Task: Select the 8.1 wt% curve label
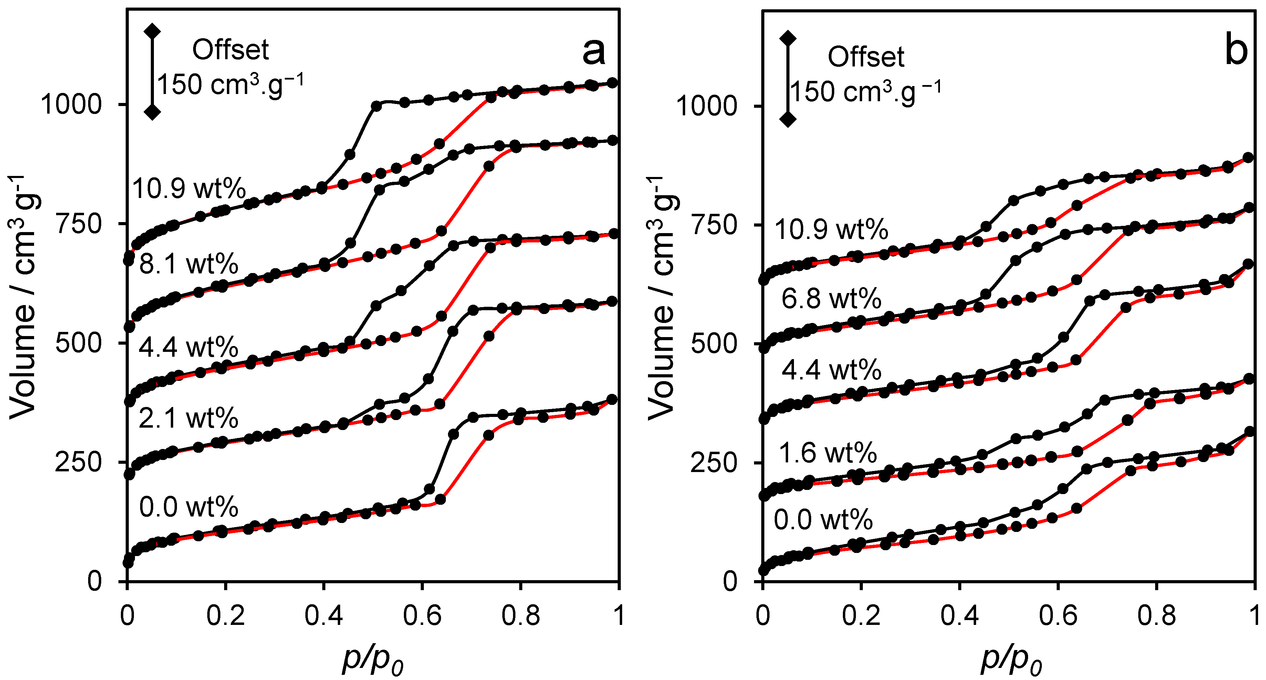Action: point(189,264)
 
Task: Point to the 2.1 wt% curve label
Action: point(189,419)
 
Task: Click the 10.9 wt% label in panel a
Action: point(189,189)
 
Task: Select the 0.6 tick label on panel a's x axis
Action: point(422,615)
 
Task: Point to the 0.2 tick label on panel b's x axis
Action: point(861,615)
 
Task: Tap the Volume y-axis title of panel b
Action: point(661,300)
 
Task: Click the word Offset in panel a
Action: point(230,50)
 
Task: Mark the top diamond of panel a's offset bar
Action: point(152,31)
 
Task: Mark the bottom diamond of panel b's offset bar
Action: point(788,119)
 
